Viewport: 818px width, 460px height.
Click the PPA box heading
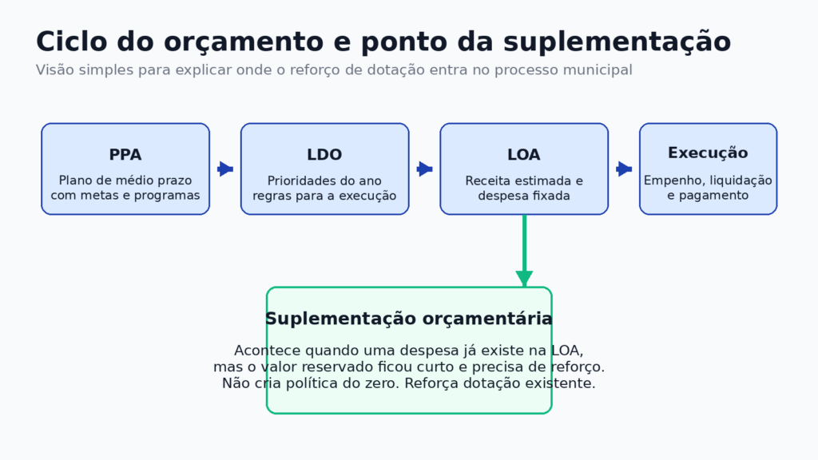pos(125,155)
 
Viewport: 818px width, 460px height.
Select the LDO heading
pos(324,155)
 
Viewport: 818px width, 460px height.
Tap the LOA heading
pos(524,155)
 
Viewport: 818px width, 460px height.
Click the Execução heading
pos(708,153)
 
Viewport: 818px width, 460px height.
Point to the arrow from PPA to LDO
pos(225,169)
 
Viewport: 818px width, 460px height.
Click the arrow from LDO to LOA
pos(424,169)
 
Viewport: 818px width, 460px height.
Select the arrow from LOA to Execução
pos(624,169)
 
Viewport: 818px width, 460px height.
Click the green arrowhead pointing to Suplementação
pos(524,279)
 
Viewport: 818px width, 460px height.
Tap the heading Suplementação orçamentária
pos(408,319)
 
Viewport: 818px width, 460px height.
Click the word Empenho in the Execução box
pos(673,180)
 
